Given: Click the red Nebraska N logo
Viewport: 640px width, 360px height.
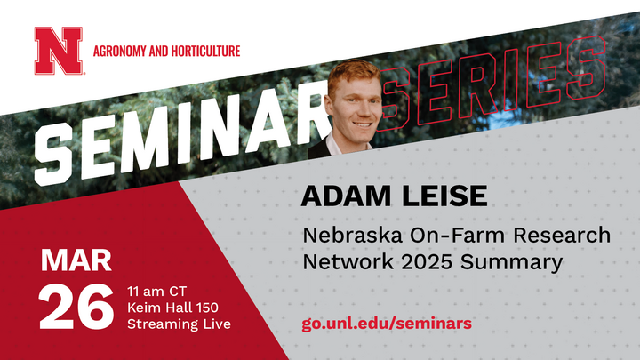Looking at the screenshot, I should [x=57, y=51].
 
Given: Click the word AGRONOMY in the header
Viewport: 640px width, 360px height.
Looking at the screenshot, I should [x=123, y=52].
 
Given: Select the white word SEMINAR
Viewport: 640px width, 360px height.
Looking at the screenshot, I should [x=178, y=142].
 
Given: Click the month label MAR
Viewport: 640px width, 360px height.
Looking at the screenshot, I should [x=76, y=261].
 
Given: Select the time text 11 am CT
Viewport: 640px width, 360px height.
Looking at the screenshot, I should [x=159, y=292].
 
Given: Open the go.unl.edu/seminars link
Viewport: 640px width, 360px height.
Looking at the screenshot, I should [x=387, y=322].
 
